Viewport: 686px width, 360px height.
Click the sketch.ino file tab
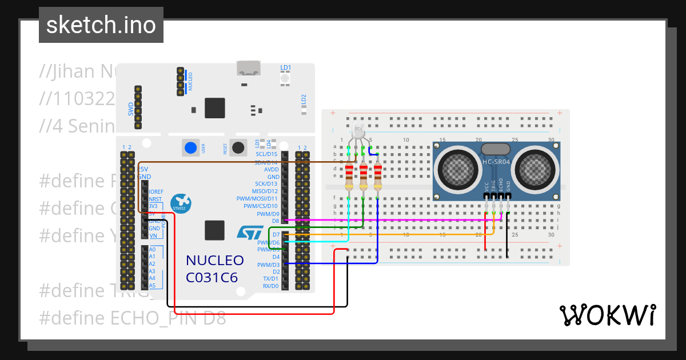(x=101, y=25)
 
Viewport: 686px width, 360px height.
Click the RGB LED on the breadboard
(x=358, y=131)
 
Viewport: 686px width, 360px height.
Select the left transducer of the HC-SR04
(x=456, y=170)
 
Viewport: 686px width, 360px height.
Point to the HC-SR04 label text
(x=496, y=162)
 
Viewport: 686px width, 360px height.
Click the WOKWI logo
(x=607, y=315)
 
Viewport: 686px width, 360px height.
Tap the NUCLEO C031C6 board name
(x=214, y=269)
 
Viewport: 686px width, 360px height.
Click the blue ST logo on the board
(x=250, y=232)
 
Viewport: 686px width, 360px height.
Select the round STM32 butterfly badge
(x=182, y=202)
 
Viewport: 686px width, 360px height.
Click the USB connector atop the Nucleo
(x=249, y=68)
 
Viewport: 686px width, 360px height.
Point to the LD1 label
(x=285, y=68)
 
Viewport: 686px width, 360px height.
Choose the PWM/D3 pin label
(x=268, y=265)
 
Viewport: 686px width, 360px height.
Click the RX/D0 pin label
(x=270, y=286)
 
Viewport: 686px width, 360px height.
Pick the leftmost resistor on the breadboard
(x=349, y=176)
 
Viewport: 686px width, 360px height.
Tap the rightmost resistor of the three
(x=377, y=176)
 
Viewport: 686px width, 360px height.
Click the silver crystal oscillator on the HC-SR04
(x=496, y=149)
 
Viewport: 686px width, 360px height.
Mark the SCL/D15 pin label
(x=266, y=154)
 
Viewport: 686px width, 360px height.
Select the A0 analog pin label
(x=152, y=250)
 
